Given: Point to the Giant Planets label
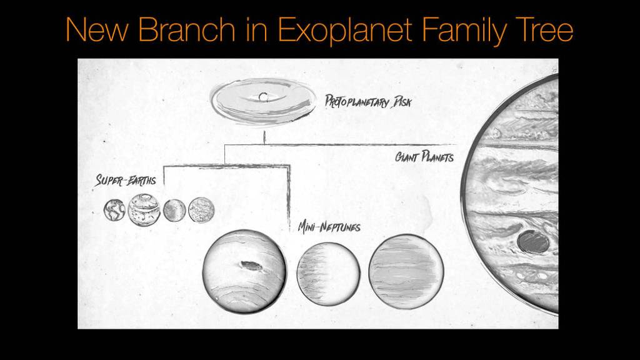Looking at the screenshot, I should pyautogui.click(x=424, y=156).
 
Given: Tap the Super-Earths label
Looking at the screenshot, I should pyautogui.click(x=126, y=181).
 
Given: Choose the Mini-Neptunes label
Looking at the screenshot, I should pyautogui.click(x=329, y=226).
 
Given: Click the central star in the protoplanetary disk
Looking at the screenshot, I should pyautogui.click(x=264, y=97).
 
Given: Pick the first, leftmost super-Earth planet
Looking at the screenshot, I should pyautogui.click(x=114, y=210).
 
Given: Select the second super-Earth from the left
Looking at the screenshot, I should pyautogui.click(x=144, y=210).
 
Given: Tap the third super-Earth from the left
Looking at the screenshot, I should pyautogui.click(x=174, y=210).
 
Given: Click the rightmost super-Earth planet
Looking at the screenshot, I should pyautogui.click(x=201, y=210).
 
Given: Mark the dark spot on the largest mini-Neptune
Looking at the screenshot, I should pyautogui.click(x=251, y=266).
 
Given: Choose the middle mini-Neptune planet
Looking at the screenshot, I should pyautogui.click(x=329, y=273).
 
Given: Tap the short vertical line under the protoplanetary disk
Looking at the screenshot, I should pyautogui.click(x=264, y=137).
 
